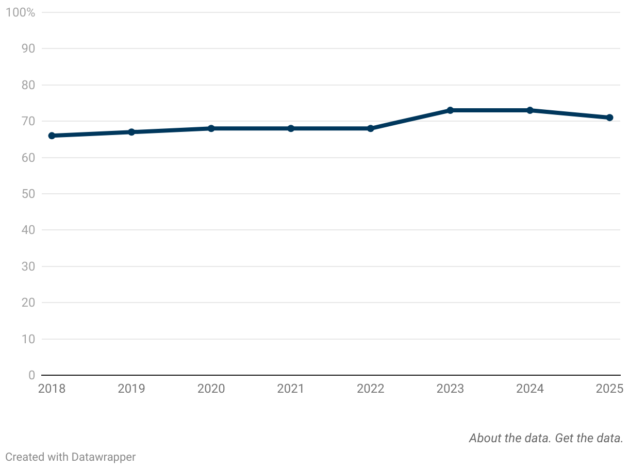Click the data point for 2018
pyautogui.click(x=52, y=136)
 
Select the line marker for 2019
pyautogui.click(x=131, y=132)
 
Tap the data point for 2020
pyautogui.click(x=211, y=128)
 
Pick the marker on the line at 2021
pyautogui.click(x=291, y=128)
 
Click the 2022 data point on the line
pyautogui.click(x=370, y=128)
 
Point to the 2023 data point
pyautogui.click(x=450, y=110)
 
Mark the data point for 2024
pyautogui.click(x=529, y=110)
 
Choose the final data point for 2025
pyautogui.click(x=609, y=118)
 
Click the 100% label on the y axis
pyautogui.click(x=20, y=12)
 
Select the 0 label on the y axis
pyautogui.click(x=31, y=375)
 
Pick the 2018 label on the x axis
pyautogui.click(x=52, y=389)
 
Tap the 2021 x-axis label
pyautogui.click(x=291, y=389)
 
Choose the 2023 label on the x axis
pyautogui.click(x=450, y=389)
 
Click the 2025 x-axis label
pyautogui.click(x=609, y=389)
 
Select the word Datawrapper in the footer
pyautogui.click(x=104, y=457)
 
